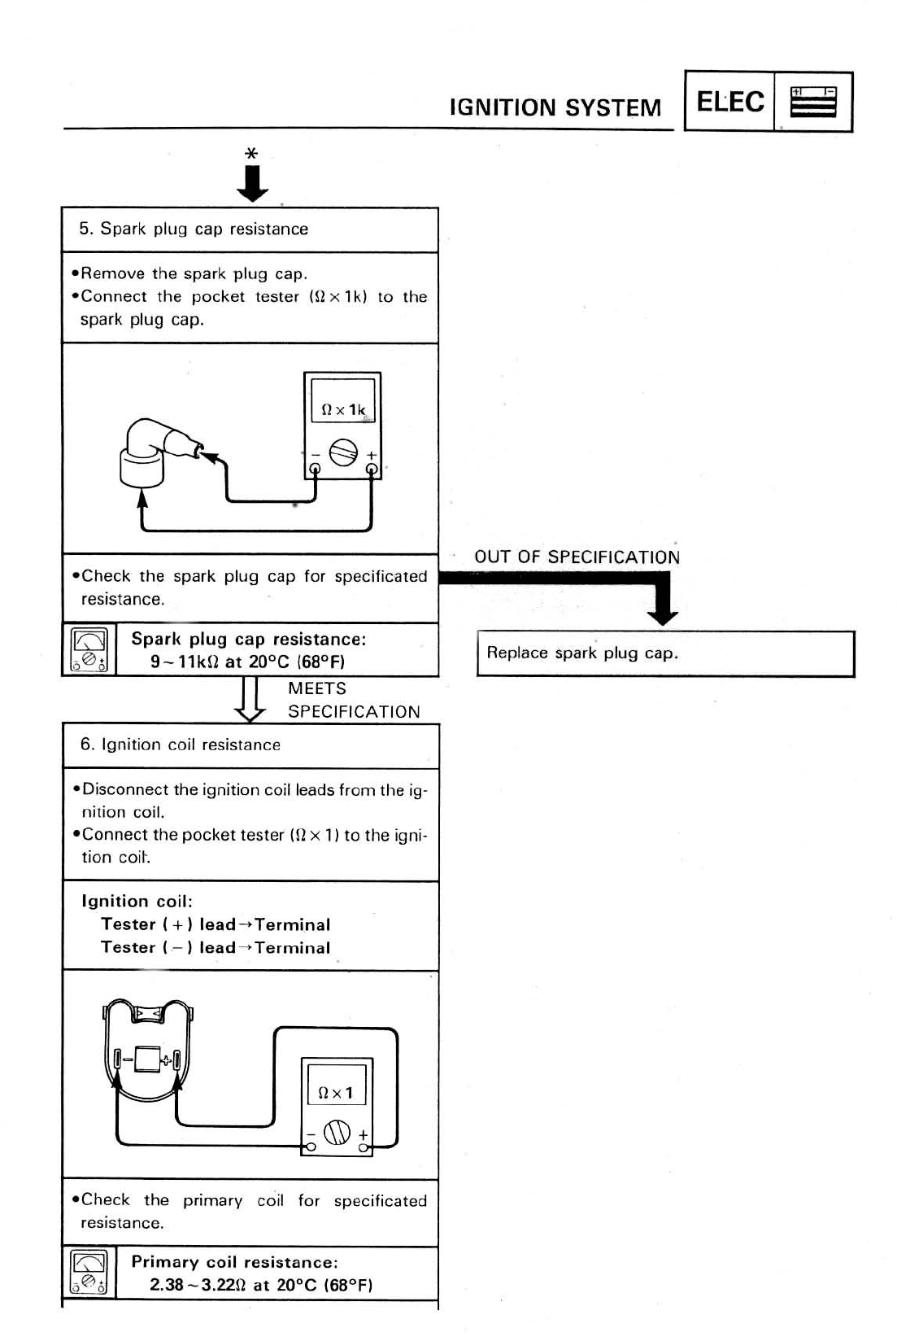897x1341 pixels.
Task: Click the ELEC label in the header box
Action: click(730, 102)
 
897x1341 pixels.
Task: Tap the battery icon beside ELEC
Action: click(812, 103)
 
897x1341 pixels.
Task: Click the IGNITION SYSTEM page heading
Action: click(555, 107)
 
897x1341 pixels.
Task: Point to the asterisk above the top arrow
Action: click(251, 153)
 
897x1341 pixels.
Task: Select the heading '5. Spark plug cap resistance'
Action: click(194, 229)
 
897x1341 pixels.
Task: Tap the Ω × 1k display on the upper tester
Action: click(343, 409)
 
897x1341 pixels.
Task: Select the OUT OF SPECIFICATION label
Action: click(577, 557)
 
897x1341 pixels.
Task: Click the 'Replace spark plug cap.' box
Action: click(665, 653)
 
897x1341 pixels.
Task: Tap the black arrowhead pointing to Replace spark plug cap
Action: click(664, 615)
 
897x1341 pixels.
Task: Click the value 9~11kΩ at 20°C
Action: click(248, 662)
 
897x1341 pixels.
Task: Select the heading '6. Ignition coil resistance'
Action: click(181, 745)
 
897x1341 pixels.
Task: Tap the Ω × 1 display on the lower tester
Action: click(337, 1093)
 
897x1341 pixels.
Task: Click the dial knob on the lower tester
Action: click(337, 1132)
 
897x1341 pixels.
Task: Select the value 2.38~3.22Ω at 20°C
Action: click(261, 1285)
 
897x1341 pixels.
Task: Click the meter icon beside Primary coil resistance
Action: click(89, 1273)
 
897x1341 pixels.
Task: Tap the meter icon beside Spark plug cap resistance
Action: click(89, 650)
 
